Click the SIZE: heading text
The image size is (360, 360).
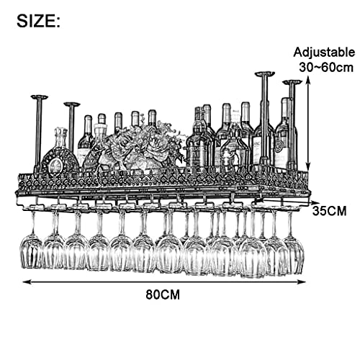[38, 21]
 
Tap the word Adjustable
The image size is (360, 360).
[324, 53]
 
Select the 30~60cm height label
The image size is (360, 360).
[326, 68]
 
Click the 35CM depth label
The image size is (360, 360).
[329, 211]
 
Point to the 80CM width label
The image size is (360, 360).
[163, 294]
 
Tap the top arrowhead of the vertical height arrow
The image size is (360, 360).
[308, 78]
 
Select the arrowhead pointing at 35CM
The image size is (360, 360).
[313, 202]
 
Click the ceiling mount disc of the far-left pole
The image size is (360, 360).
[40, 97]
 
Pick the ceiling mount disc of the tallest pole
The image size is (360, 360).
[265, 73]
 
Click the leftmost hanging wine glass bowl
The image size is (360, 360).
[31, 252]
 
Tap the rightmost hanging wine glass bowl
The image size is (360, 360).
[294, 256]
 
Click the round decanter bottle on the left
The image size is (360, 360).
[59, 157]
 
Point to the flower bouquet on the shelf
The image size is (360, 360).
[142, 146]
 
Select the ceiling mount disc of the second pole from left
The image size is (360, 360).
[72, 104]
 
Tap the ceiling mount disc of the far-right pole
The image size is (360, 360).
[292, 82]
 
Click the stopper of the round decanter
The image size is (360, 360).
[61, 135]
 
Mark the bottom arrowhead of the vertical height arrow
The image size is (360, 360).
[308, 168]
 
